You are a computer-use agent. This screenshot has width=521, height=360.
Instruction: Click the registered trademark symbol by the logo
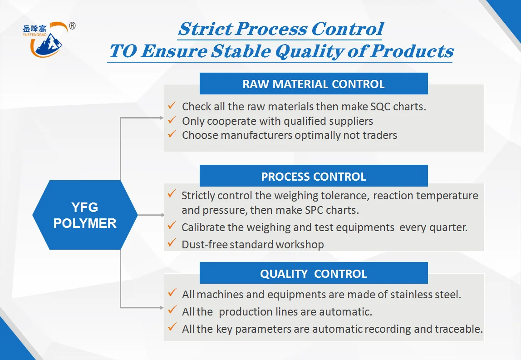pos(72,25)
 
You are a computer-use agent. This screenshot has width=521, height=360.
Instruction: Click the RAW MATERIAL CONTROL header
pos(313,84)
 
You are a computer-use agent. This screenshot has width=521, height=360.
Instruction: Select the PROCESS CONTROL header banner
pos(313,176)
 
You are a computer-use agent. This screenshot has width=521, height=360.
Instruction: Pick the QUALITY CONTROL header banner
pos(313,273)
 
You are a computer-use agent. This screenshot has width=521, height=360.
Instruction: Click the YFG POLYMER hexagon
pos(85,215)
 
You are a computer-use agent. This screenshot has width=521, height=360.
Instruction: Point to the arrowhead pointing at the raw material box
pos(162,118)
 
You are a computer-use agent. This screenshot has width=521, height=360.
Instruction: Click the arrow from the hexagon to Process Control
pos(151,215)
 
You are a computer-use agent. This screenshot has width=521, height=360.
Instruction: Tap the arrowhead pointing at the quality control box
pos(162,307)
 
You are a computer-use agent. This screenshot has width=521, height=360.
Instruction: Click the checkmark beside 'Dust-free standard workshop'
pos(172,243)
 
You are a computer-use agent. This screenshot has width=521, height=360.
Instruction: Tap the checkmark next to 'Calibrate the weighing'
pos(172,225)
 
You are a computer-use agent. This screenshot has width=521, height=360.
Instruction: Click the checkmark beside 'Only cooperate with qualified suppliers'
pos(172,120)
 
